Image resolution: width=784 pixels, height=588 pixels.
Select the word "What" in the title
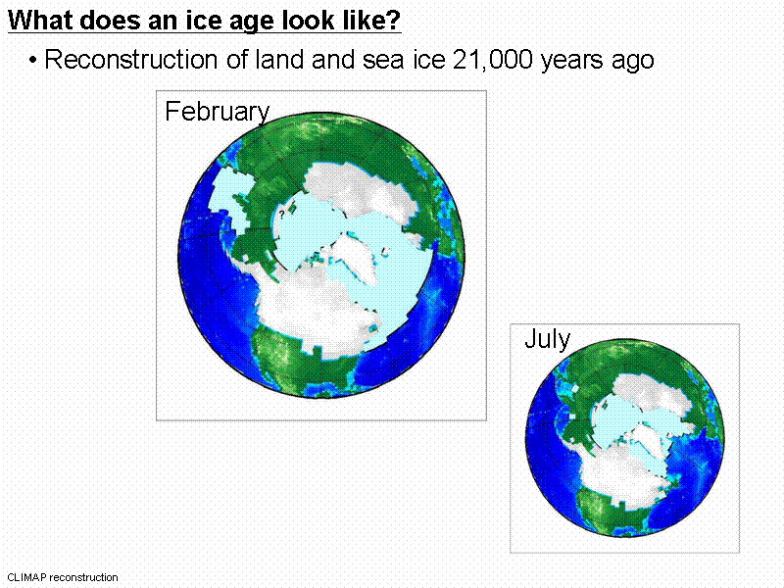coord(36,21)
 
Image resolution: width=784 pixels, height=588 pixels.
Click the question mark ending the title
coord(395,21)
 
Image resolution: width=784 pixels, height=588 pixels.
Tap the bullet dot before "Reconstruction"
coord(33,61)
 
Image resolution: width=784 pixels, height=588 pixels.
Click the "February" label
coord(217,112)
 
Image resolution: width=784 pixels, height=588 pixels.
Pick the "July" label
coord(547,340)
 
